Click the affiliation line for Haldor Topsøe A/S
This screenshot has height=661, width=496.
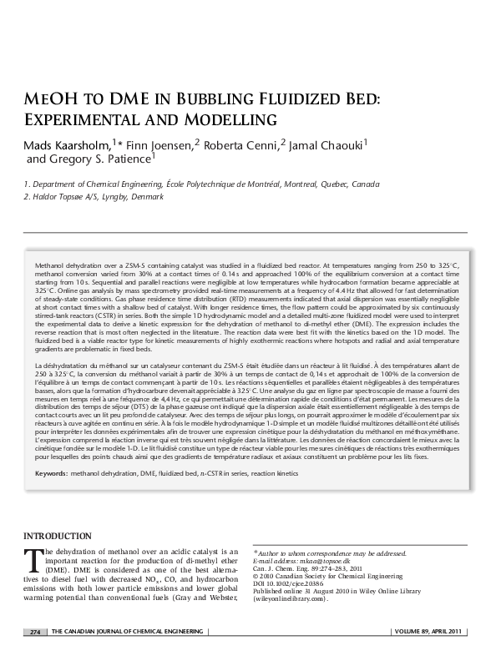[x=92, y=197]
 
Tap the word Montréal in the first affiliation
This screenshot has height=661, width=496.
[x=289, y=184]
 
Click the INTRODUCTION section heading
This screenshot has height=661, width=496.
[x=57, y=535]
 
